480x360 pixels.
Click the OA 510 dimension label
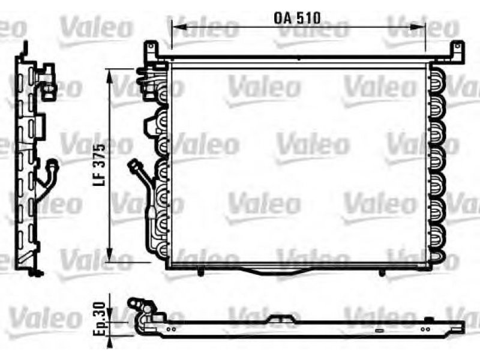coord(297,18)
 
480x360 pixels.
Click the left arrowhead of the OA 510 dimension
coord(179,27)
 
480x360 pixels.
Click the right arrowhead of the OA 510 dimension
coord(418,27)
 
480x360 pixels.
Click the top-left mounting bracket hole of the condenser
coord(151,47)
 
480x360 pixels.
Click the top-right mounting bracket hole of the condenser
coord(458,46)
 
